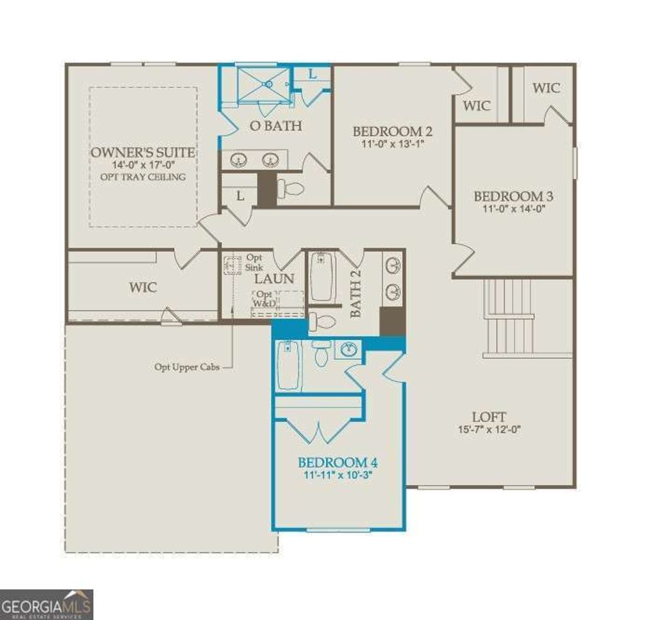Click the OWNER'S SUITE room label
pos(143,153)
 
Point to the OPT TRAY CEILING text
pos(143,177)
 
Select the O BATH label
pos(276,126)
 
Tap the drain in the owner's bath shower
pos(268,83)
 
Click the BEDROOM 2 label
pos(392,132)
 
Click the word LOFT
pos(488,417)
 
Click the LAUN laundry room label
pos(274,278)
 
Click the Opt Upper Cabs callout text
pos(187,366)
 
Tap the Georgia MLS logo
pos(47,604)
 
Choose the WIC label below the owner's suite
pos(143,287)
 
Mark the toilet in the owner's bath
pos(291,189)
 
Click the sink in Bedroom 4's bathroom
pos(346,349)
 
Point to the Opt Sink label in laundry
pos(254,262)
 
